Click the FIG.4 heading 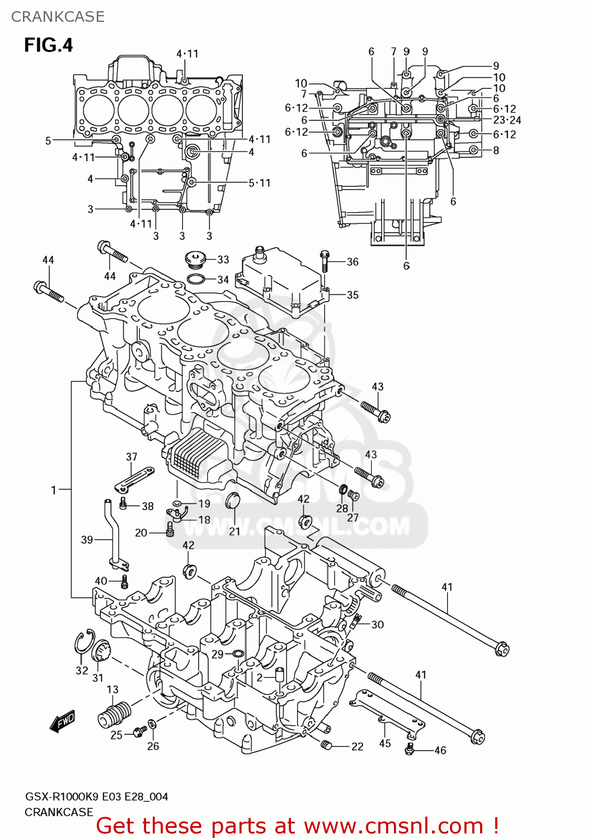tap(49, 45)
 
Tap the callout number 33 tap(223, 260)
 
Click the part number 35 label tap(353, 295)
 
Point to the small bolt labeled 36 tap(325, 261)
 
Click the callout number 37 tap(131, 456)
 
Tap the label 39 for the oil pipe tap(87, 540)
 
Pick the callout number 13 tap(112, 690)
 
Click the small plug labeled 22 tap(327, 744)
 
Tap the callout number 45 tap(385, 743)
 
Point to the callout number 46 tap(440, 750)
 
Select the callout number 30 tap(378, 624)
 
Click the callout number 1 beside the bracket tap(54, 490)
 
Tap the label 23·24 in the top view tap(507, 120)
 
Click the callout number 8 tap(496, 150)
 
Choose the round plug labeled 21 tap(232, 501)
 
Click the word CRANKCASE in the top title tap(58, 17)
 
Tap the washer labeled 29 tap(237, 653)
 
